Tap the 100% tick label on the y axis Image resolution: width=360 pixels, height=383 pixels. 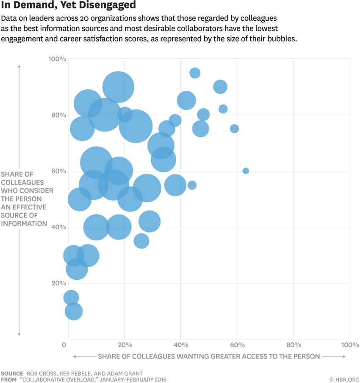pyautogui.click(x=57, y=59)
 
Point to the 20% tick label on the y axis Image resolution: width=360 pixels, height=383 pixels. pyautogui.click(x=58, y=283)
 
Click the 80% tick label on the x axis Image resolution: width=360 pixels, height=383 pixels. pyautogui.click(x=293, y=344)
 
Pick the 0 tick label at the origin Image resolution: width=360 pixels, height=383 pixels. pyautogui.click(x=64, y=344)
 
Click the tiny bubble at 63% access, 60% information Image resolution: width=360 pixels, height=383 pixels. pyautogui.click(x=246, y=171)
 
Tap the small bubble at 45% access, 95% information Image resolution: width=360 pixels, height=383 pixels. pyautogui.click(x=195, y=73)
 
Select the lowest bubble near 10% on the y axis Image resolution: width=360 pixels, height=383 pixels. pyautogui.click(x=74, y=311)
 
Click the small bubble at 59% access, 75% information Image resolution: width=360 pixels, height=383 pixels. pyautogui.click(x=234, y=129)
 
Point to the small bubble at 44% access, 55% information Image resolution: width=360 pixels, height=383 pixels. pyautogui.click(x=192, y=185)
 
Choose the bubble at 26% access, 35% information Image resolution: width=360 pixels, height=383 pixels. pyautogui.click(x=141, y=241)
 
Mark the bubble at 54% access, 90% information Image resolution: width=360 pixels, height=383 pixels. pyautogui.click(x=220, y=87)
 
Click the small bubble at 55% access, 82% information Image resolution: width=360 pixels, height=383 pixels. pyautogui.click(x=223, y=109)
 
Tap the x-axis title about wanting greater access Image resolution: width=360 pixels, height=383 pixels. pyautogui.click(x=209, y=356)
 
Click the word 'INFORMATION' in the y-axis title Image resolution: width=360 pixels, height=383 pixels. pyautogui.click(x=24, y=223)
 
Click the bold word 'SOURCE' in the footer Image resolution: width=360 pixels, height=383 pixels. pyautogui.click(x=12, y=374)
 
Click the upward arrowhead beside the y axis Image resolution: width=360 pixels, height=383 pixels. pyautogui.click(x=19, y=66)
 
